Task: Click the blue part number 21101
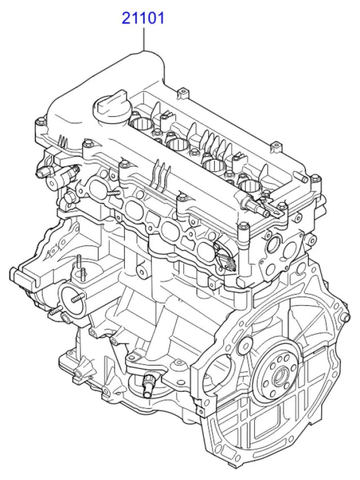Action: [x=143, y=18]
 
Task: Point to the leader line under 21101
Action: [x=144, y=39]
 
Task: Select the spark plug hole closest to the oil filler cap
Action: [x=142, y=124]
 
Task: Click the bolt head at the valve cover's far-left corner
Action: [x=41, y=120]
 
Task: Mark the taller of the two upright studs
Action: [x=79, y=262]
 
